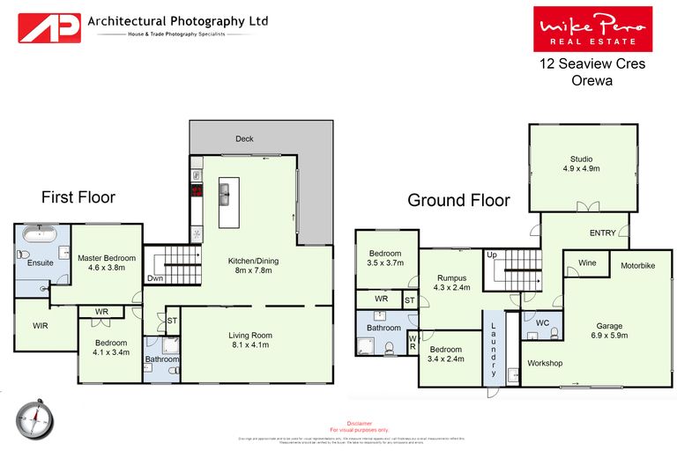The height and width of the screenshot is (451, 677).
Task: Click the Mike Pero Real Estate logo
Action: pyautogui.click(x=592, y=29)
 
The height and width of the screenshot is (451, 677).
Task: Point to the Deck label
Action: pyautogui.click(x=244, y=139)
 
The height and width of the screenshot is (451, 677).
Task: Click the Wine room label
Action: pyautogui.click(x=586, y=262)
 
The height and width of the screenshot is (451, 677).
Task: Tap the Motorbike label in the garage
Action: pyautogui.click(x=637, y=265)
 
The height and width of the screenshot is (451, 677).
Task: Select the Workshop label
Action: pyautogui.click(x=545, y=363)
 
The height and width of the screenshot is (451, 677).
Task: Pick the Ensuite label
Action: pyautogui.click(x=41, y=262)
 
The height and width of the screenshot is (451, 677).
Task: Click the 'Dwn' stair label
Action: pyautogui.click(x=154, y=279)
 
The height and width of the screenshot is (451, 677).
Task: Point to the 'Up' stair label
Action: pyautogui.click(x=492, y=255)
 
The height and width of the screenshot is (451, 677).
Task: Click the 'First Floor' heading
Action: pyautogui.click(x=78, y=197)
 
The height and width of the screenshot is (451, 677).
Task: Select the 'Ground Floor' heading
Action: pyautogui.click(x=458, y=200)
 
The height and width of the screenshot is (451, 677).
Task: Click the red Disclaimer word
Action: pyautogui.click(x=361, y=422)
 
